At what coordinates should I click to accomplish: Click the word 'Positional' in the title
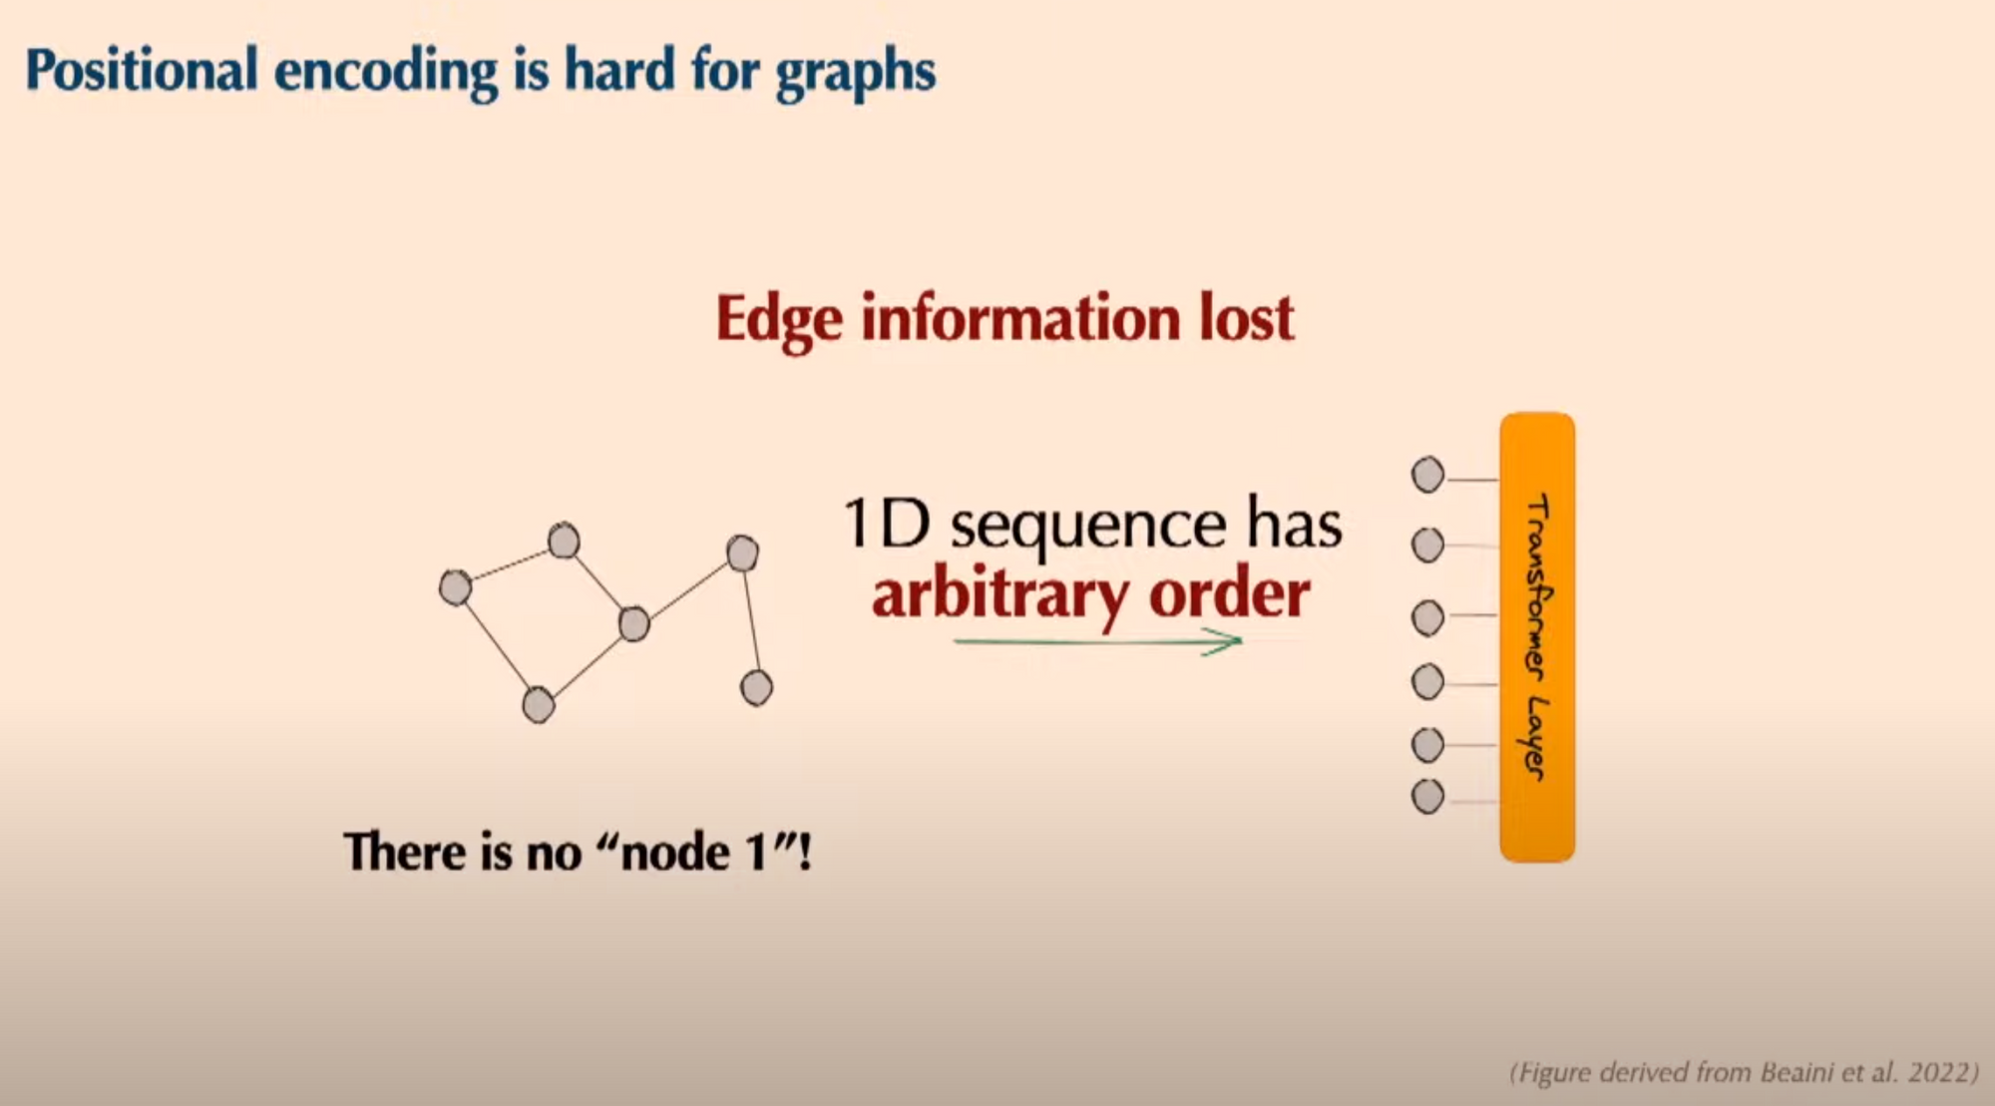tap(142, 70)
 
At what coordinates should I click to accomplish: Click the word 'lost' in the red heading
tap(1246, 318)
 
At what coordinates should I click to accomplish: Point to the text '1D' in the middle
tap(887, 524)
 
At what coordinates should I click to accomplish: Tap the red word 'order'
tap(1230, 593)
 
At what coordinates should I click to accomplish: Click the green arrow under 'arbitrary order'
tap(1097, 642)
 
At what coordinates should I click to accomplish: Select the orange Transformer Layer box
tap(1537, 637)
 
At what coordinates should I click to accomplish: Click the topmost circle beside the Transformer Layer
tap(1427, 475)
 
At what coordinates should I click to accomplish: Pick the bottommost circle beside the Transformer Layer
tap(1427, 797)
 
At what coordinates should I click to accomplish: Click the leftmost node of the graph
tap(455, 587)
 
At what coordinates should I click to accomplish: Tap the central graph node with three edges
tap(633, 624)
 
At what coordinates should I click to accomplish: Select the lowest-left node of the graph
tap(539, 705)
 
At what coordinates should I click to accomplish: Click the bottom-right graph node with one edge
tap(756, 688)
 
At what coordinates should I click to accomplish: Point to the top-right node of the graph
tap(742, 553)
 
